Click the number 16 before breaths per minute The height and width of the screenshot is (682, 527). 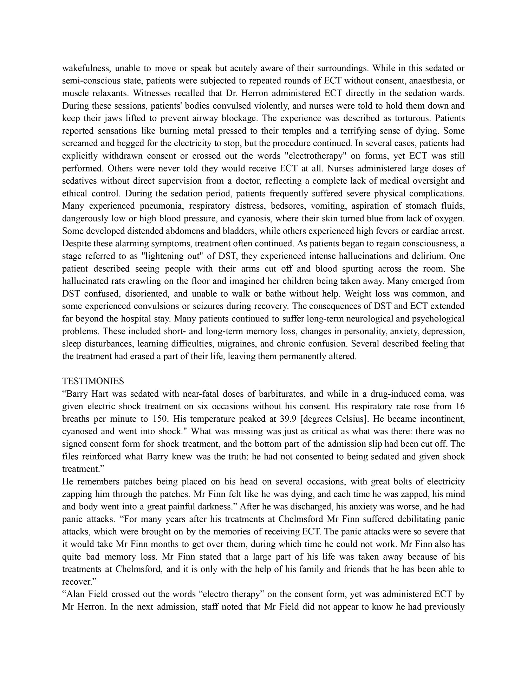coord(460,407)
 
